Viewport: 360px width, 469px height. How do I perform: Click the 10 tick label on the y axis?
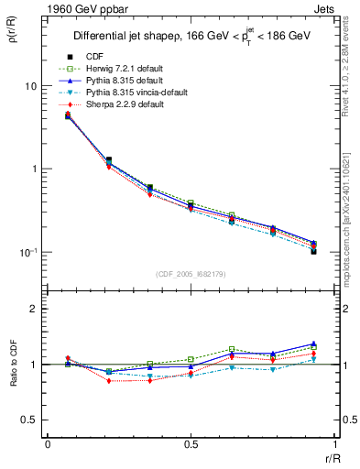pyautogui.click(x=30, y=86)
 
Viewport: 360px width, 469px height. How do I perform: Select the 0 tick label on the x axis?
pyautogui.click(x=48, y=445)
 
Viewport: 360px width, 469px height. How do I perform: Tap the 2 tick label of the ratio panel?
pyautogui.click(x=33, y=309)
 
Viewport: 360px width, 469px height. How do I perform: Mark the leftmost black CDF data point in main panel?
pyautogui.click(x=68, y=115)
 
